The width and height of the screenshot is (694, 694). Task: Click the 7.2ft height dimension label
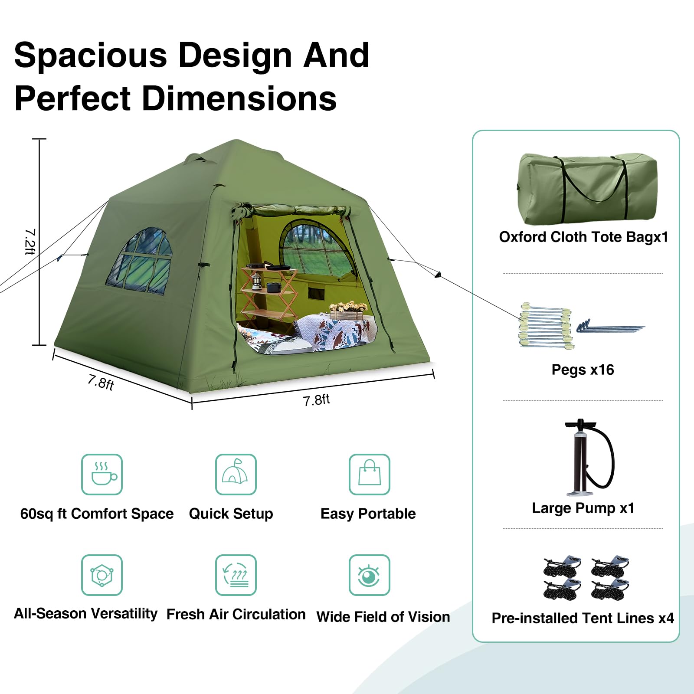(x=30, y=242)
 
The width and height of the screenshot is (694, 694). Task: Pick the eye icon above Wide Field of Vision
(x=370, y=575)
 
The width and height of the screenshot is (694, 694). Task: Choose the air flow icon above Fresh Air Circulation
(x=236, y=575)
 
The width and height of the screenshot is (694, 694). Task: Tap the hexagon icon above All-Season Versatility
(x=102, y=575)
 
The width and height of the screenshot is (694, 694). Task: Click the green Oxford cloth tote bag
(x=587, y=188)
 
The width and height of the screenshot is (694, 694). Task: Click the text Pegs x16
(x=583, y=370)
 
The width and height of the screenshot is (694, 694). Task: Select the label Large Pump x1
(x=583, y=508)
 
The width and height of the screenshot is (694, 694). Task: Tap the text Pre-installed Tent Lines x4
(x=583, y=618)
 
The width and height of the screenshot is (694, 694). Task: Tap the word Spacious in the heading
(x=91, y=56)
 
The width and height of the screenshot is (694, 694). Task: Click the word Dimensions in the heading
(x=239, y=98)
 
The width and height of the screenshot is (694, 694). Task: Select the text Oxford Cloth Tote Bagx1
(x=583, y=237)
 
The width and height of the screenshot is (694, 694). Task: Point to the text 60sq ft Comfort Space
(x=97, y=514)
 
